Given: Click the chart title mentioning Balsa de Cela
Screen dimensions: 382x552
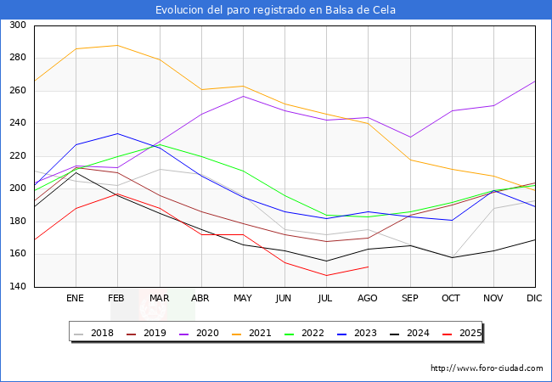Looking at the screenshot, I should pos(276,10).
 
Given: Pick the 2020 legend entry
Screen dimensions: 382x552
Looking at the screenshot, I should pos(201,333).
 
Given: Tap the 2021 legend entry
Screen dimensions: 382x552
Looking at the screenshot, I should pos(253,333).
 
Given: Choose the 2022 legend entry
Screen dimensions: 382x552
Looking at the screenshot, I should pos(305,333).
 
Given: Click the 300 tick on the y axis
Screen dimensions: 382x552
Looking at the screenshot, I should pos(17,25).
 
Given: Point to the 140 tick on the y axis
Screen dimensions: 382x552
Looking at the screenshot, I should pos(17,287).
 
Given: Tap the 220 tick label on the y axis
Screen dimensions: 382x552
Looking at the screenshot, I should pos(17,156).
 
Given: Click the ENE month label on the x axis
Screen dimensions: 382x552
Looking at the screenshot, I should pos(76,299).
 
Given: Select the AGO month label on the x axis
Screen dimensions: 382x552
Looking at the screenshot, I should pos(368,299).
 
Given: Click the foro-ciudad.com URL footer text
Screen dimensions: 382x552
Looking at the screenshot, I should pos(487,368).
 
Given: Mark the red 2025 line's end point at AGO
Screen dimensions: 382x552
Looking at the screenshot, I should pos(368,267).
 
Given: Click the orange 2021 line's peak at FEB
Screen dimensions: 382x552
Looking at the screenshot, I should pos(117,46).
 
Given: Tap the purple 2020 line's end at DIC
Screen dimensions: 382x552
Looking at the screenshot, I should pos(535,81).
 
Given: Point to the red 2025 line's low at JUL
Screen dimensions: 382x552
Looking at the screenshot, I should pos(326,275).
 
